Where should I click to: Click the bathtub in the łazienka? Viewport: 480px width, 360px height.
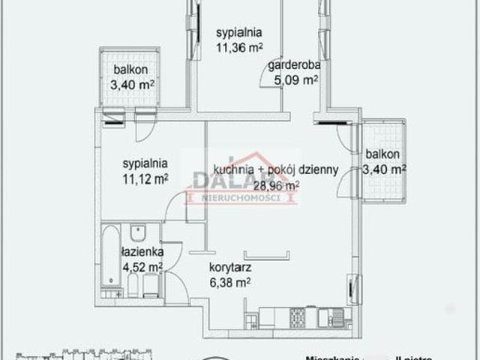click(x=110, y=259)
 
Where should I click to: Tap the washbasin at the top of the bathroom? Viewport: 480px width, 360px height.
click(x=136, y=232)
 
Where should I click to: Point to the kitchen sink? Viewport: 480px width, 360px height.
click(x=333, y=318)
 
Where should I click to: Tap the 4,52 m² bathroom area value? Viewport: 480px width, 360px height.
click(x=142, y=265)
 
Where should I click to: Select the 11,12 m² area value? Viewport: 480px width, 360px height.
click(x=145, y=178)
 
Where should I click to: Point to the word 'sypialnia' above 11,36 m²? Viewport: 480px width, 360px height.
click(x=239, y=33)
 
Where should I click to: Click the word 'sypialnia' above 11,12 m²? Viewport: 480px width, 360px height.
click(x=145, y=163)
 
